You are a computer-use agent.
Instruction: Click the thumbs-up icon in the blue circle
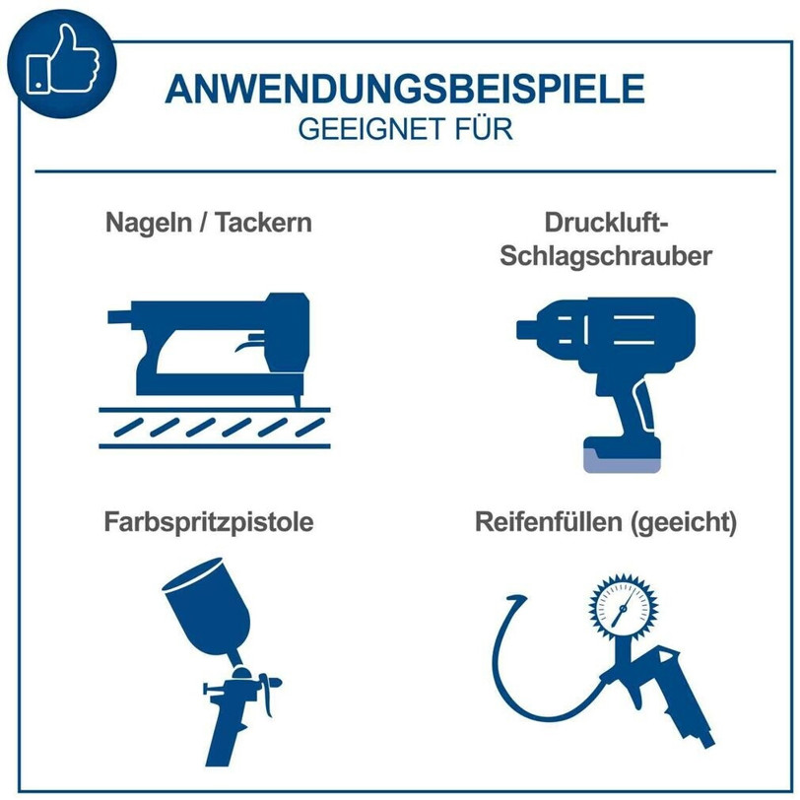point(62,60)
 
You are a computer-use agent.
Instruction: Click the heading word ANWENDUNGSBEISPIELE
point(405,89)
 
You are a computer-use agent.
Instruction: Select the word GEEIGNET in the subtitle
point(370,130)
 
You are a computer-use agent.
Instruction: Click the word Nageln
point(149,223)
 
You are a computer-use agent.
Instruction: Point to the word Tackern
point(263,223)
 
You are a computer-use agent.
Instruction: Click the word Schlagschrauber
point(606,255)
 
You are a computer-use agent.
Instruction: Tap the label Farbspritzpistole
point(209,522)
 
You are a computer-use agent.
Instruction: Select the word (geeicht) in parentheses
point(684,523)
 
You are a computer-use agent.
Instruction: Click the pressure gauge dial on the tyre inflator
point(623,607)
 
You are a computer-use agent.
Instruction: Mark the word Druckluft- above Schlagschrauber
point(606,223)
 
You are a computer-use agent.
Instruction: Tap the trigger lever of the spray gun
point(266,695)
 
